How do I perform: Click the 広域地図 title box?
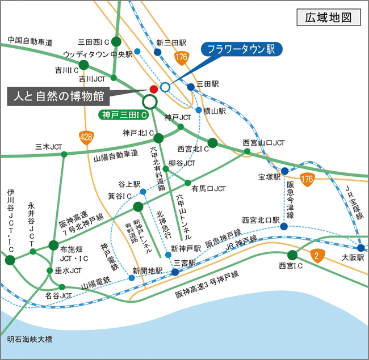pyautogui.click(x=329, y=18)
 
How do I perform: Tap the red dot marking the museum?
pyautogui.click(x=153, y=89)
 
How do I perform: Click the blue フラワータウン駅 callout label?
pyautogui.click(x=241, y=49)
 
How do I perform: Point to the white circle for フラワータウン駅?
pyautogui.click(x=165, y=87)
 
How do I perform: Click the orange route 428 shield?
pyautogui.click(x=86, y=137)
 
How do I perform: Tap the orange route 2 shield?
pyautogui.click(x=316, y=256)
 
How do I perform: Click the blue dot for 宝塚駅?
pyautogui.click(x=284, y=171)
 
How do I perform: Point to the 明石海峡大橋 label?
pyautogui.click(x=30, y=340)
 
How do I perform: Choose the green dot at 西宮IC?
pyautogui.click(x=292, y=255)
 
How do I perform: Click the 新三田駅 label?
pyautogui.click(x=171, y=43)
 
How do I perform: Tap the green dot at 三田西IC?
pyautogui.click(x=116, y=41)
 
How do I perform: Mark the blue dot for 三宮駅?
pyautogui.click(x=175, y=272)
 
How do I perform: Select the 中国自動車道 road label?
pyautogui.click(x=30, y=41)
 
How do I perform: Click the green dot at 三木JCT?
pyautogui.click(x=64, y=154)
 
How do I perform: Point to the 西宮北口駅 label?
pyautogui.click(x=261, y=219)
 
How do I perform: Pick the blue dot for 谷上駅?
pyautogui.click(x=142, y=192)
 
